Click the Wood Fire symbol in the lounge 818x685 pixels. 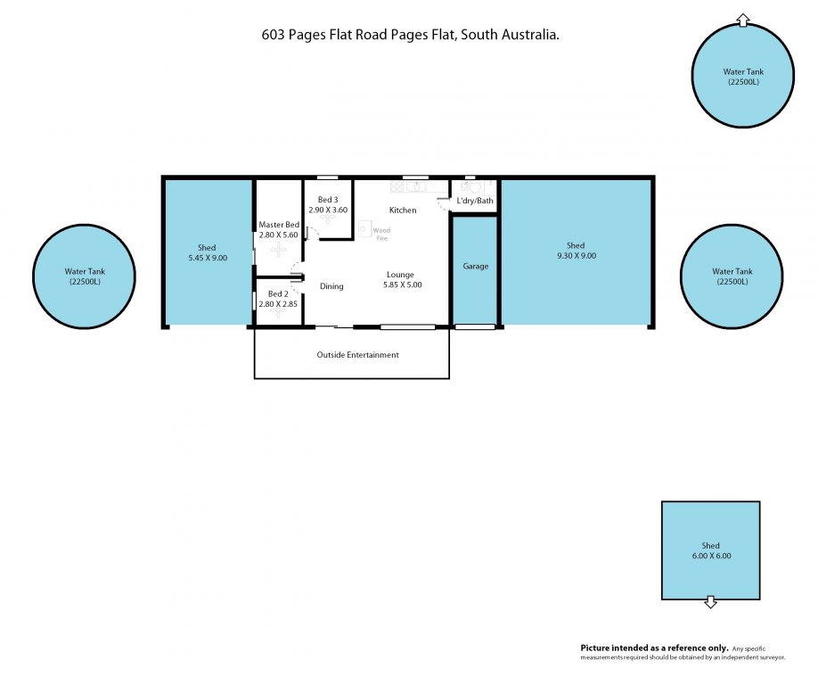(364, 229)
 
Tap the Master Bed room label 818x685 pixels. (278, 224)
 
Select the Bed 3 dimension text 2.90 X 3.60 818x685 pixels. (327, 210)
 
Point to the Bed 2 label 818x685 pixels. (278, 293)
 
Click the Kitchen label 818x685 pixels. (403, 210)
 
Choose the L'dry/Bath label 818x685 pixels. (475, 201)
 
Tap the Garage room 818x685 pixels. (475, 267)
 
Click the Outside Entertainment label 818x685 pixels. (357, 355)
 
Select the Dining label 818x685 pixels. (331, 286)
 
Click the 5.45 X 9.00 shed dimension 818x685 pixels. (207, 258)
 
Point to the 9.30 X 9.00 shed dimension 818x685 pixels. (575, 256)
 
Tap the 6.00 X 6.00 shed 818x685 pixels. (710, 550)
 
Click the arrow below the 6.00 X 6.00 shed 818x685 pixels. (710, 603)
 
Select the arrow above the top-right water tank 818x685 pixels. (743, 19)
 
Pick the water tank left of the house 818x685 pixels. (84, 276)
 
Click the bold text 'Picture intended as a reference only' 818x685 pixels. (654, 648)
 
